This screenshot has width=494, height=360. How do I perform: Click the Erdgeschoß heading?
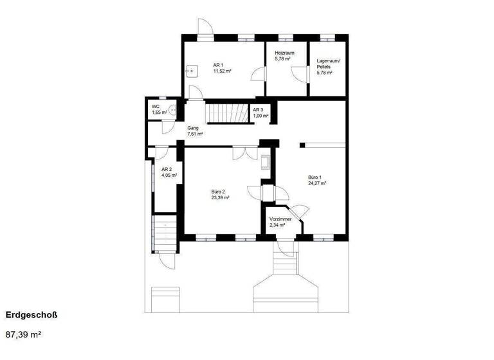32,315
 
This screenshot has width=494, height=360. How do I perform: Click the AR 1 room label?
218,65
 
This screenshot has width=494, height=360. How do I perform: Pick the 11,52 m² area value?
223,71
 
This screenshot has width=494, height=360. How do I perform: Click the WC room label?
155,106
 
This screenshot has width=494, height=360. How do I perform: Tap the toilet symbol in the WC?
171,110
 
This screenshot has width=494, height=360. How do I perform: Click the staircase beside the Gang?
227,114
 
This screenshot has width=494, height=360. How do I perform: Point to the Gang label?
193,129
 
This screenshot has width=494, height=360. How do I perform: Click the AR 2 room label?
166,169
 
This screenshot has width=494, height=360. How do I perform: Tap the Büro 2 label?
219,192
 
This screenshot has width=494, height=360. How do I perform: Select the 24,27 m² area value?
317,183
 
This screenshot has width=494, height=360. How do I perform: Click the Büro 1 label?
315,177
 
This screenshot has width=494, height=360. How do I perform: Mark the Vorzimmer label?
280,219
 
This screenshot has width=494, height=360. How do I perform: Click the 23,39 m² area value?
221,198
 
